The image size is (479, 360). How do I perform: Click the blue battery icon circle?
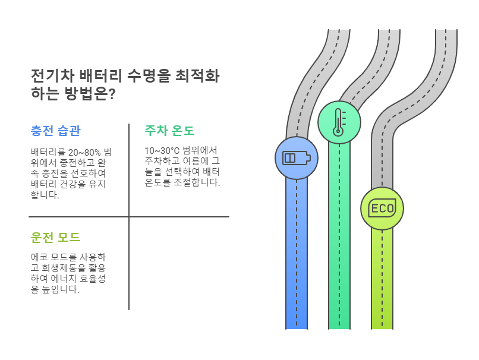[297, 158]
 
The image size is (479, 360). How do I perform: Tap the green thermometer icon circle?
[339, 122]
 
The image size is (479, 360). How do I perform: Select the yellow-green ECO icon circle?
[382, 209]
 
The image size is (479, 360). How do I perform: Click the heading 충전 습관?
[55, 131]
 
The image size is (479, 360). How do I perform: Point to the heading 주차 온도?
[169, 131]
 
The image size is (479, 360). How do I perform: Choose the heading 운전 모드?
[55, 237]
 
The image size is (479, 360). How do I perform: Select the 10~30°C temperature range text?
[162, 150]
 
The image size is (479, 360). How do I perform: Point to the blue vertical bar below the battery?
[297, 255]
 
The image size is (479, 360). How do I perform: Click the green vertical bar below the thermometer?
[339, 238]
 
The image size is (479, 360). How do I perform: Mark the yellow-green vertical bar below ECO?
[382, 279]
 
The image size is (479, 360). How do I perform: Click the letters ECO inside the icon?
[382, 209]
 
